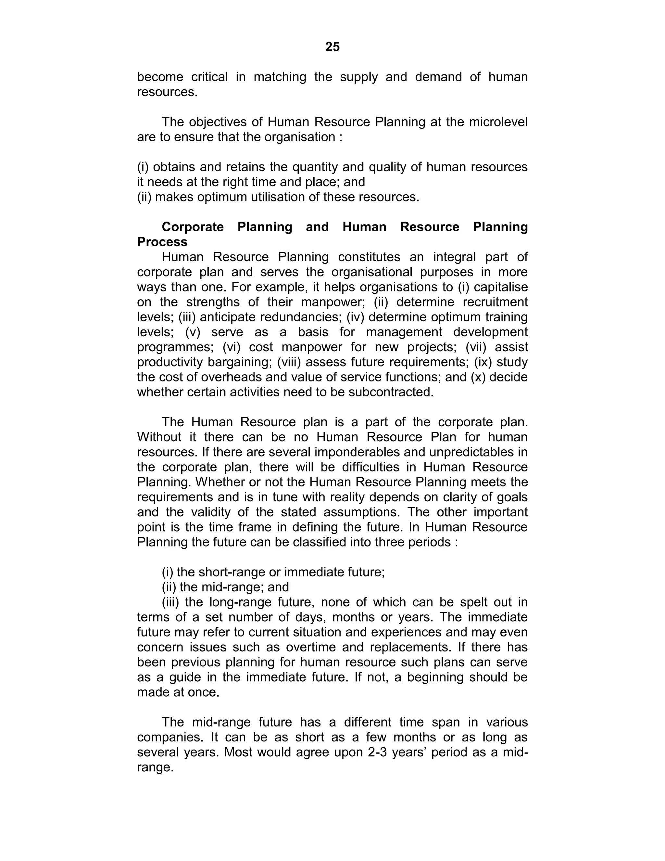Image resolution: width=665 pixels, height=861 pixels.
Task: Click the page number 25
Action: pyautogui.click(x=332, y=47)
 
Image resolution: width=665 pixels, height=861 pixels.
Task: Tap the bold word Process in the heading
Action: pyautogui.click(x=162, y=242)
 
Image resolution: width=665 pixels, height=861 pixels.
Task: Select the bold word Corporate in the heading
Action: pyautogui.click(x=193, y=227)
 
